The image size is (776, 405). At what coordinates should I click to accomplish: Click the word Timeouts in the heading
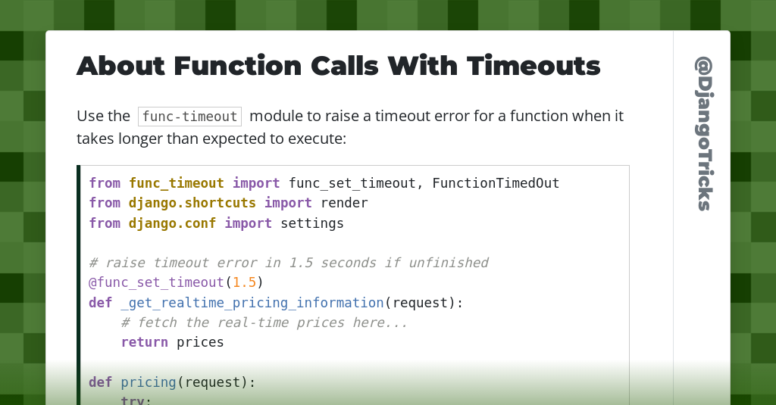click(533, 66)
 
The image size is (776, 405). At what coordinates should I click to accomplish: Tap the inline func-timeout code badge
click(189, 117)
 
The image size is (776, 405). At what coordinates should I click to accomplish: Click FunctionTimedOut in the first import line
click(496, 183)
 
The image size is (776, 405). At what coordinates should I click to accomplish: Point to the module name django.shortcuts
click(192, 203)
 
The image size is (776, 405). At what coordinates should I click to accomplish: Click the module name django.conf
click(172, 223)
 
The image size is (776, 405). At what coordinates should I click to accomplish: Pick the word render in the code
click(344, 203)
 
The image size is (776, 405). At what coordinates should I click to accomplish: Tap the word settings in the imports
click(312, 223)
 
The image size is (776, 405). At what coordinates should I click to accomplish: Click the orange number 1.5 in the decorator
click(244, 282)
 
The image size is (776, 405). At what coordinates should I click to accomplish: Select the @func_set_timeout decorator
click(156, 282)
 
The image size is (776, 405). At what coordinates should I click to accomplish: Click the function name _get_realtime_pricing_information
click(252, 303)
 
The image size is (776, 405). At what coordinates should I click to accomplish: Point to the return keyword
click(144, 342)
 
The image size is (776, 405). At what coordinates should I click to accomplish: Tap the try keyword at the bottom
click(136, 400)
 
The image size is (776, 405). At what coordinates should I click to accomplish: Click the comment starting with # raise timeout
click(288, 263)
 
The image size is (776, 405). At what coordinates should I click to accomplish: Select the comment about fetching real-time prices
click(264, 322)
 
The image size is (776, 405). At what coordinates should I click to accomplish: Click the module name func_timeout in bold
click(176, 183)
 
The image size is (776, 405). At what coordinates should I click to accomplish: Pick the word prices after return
click(200, 342)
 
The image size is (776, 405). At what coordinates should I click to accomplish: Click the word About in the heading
click(120, 66)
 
